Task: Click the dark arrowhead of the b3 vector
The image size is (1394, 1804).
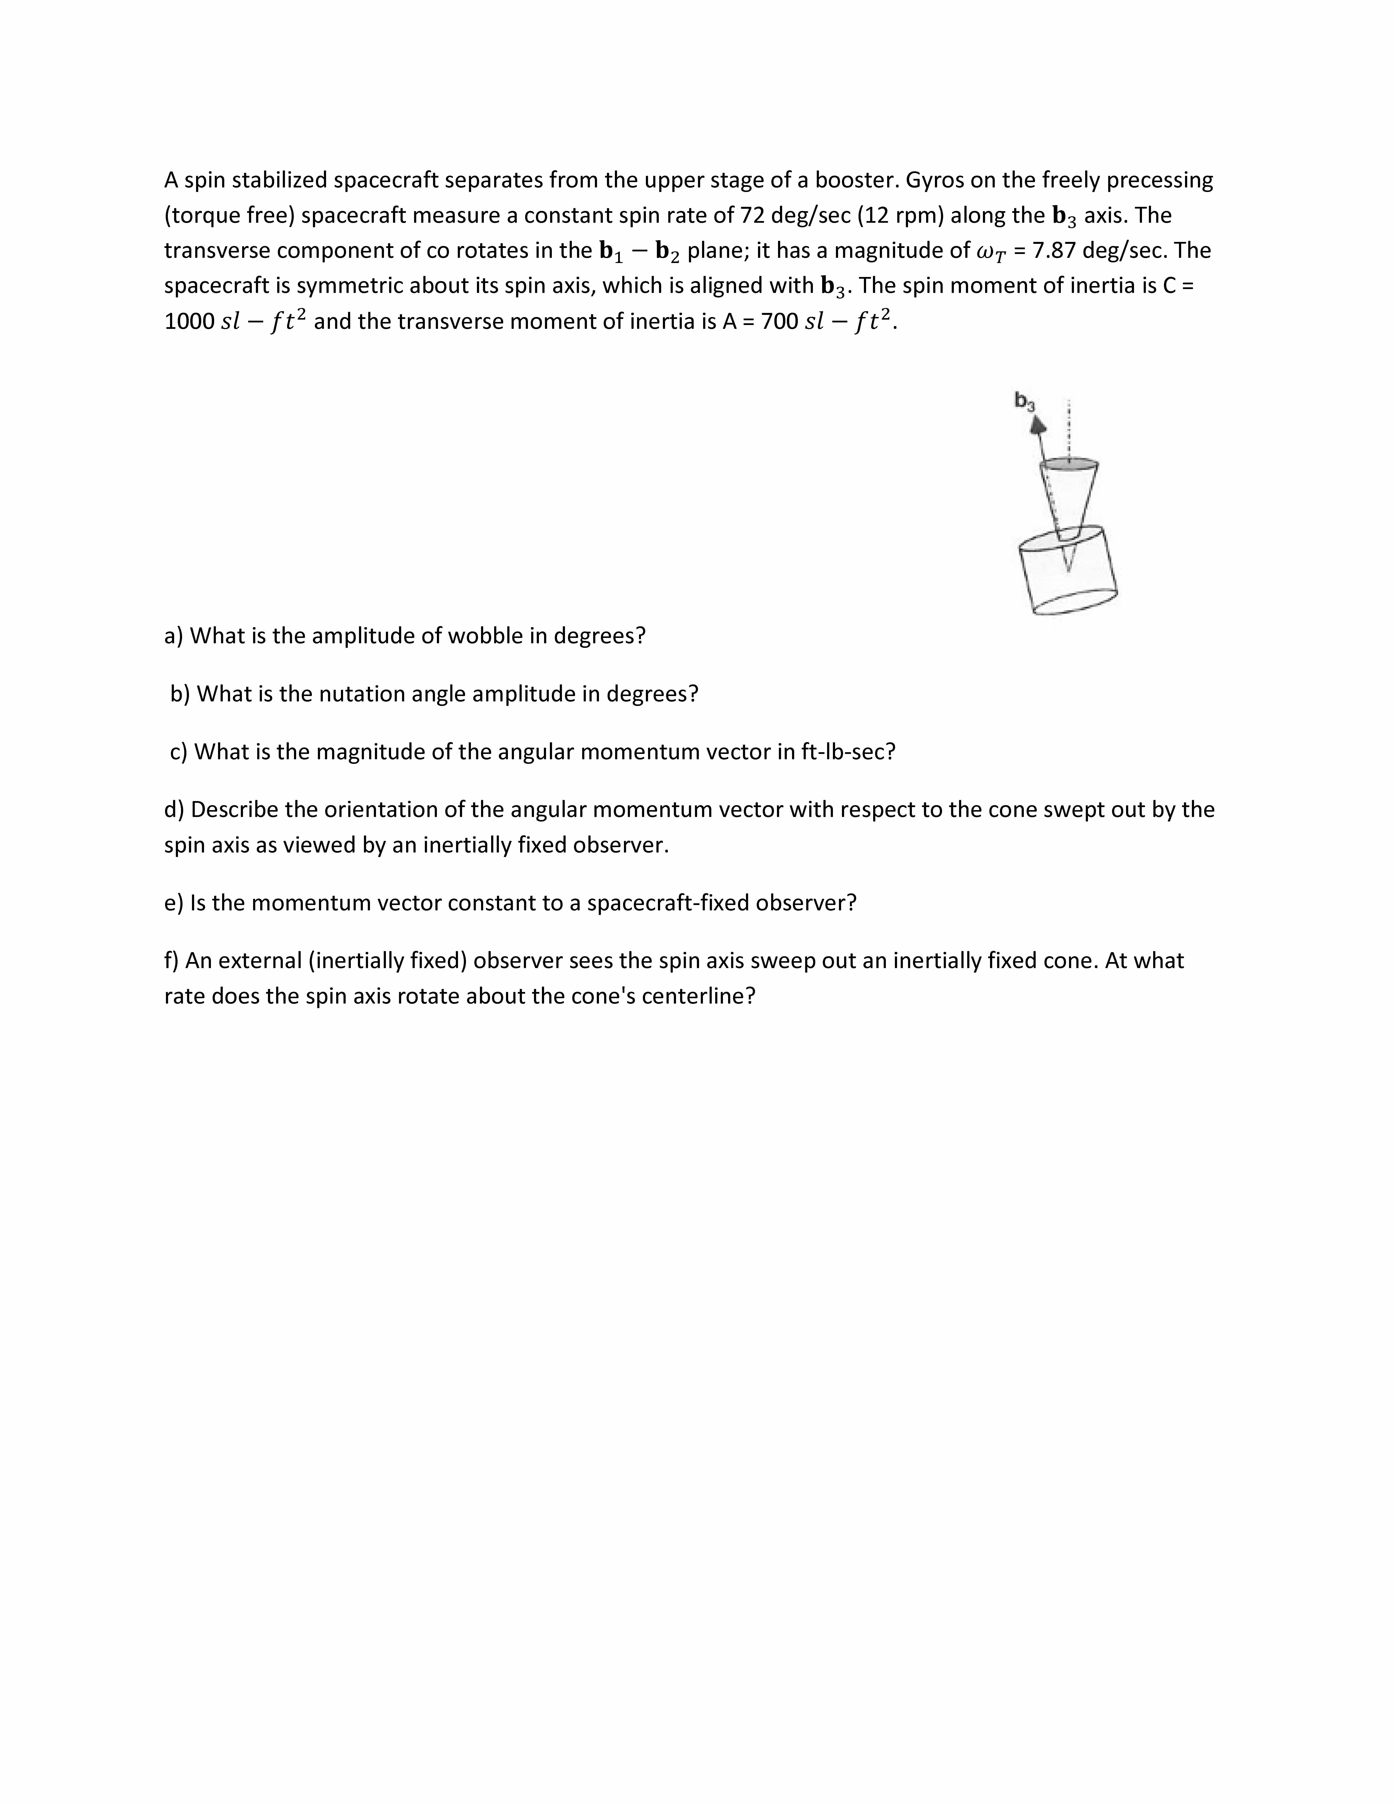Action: [x=1037, y=425]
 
